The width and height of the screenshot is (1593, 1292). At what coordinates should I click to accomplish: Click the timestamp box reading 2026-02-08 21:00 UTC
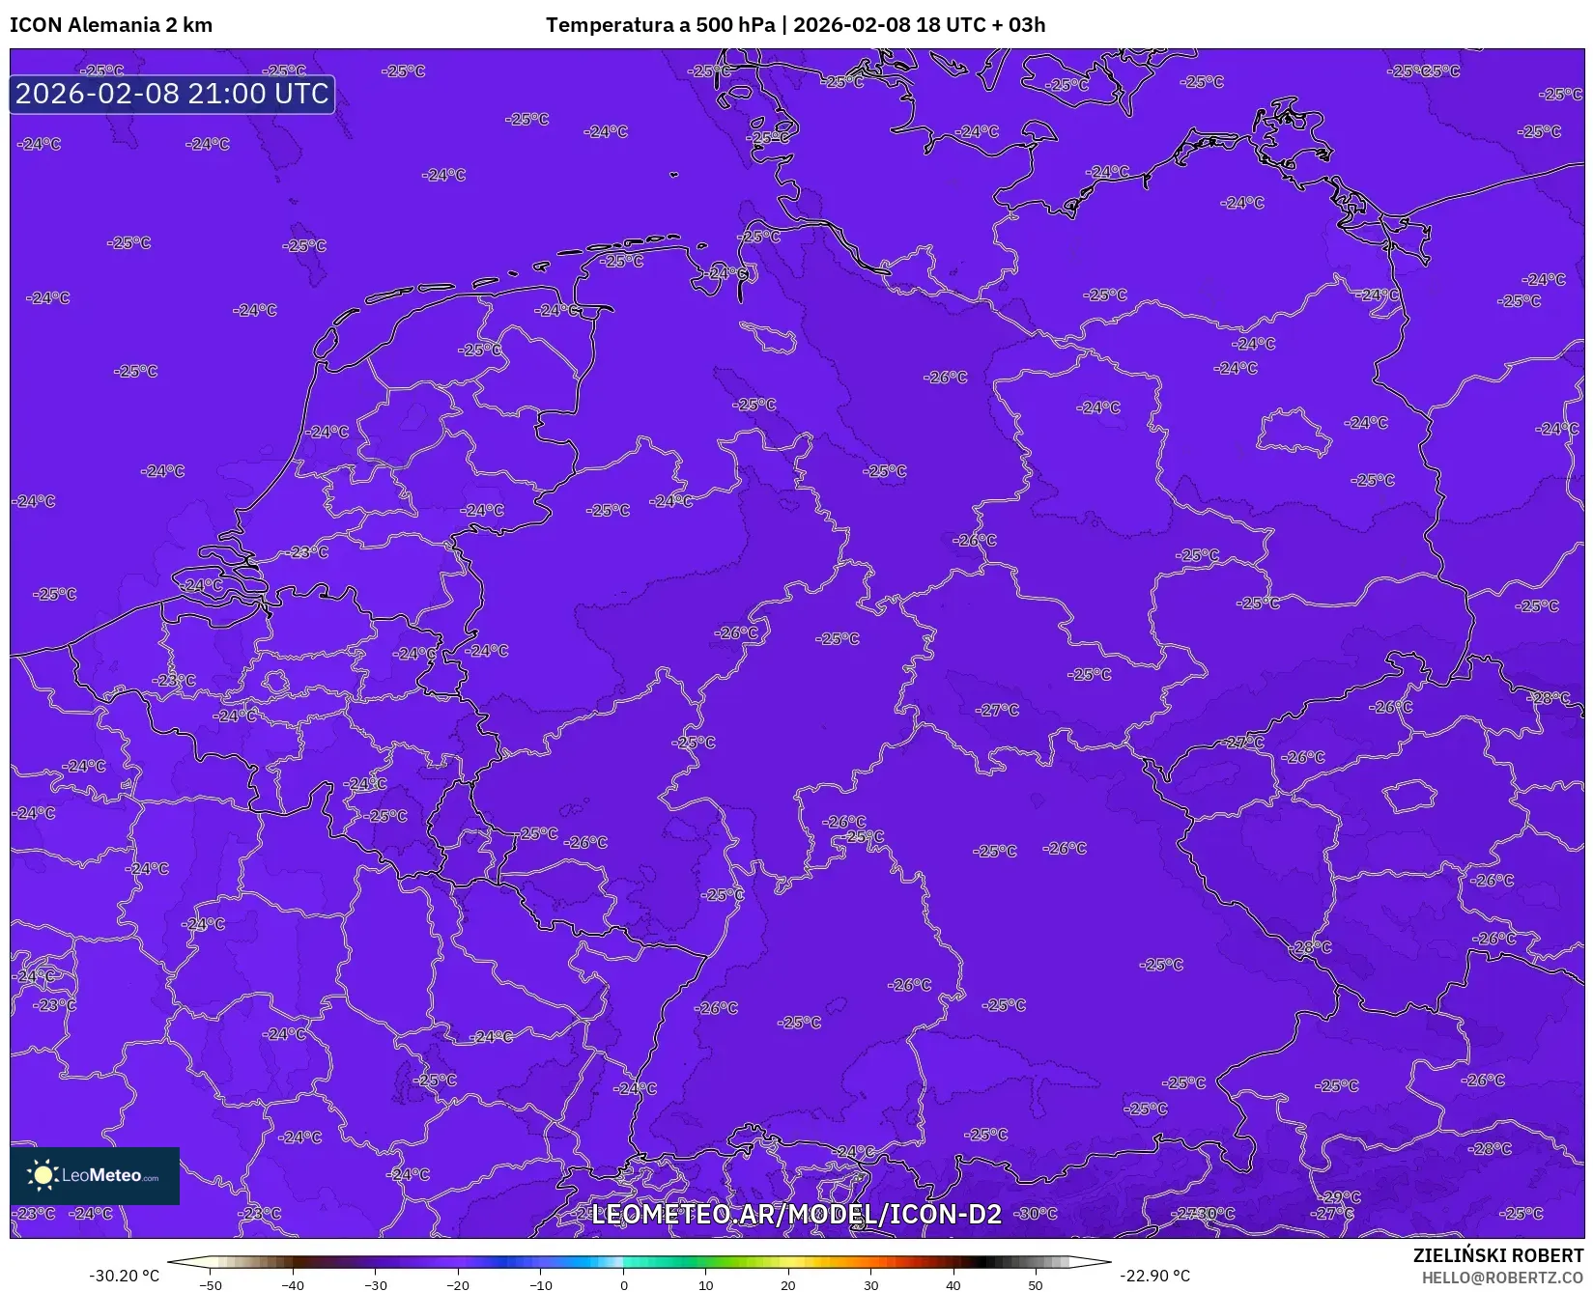[172, 94]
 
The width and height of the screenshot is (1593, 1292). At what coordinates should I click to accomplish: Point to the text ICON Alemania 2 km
[111, 25]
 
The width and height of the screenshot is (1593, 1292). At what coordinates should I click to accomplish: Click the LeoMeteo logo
[95, 1175]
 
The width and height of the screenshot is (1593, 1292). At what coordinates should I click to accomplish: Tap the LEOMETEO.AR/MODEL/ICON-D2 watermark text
[796, 1214]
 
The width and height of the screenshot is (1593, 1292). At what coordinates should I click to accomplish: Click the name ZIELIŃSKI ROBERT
[1498, 1255]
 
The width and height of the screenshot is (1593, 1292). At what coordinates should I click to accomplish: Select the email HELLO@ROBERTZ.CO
[1502, 1278]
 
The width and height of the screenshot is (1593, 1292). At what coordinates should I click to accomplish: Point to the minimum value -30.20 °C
[125, 1276]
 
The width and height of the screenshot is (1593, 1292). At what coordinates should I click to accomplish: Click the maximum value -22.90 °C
[1154, 1276]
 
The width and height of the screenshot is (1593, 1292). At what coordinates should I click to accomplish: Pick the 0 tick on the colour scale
[624, 1285]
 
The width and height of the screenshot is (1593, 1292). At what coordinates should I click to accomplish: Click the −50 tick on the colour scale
[211, 1285]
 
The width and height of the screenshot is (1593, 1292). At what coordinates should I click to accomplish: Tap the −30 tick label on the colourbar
[376, 1285]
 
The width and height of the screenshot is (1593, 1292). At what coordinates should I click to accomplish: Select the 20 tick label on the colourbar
[788, 1285]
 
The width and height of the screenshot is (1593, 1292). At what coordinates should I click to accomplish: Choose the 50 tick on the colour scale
[1036, 1285]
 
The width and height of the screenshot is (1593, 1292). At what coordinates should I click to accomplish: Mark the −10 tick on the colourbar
[541, 1285]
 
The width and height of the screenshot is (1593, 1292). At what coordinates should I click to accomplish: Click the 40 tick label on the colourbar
[953, 1285]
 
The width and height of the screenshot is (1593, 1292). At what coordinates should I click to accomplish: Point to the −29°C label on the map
[1341, 1197]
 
